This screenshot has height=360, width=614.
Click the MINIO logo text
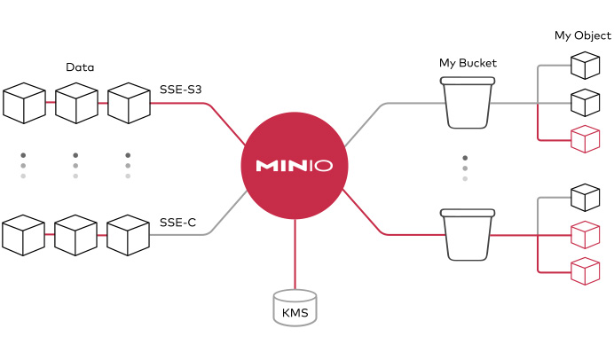coord(294,166)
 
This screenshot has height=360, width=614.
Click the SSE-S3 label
coord(182,90)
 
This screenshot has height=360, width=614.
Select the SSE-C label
coord(177,222)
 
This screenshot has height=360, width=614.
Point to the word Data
coord(80,67)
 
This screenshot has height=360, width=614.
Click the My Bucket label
coord(468,63)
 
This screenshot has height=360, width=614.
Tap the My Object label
coord(582,35)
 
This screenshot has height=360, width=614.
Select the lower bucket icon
coord(467,233)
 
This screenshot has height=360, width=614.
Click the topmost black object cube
coord(584,66)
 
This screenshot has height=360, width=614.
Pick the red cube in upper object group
coord(584,139)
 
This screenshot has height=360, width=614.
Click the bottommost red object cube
coord(584,270)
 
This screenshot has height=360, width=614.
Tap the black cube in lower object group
coord(584,197)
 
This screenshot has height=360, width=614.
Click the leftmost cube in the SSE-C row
coord(24,233)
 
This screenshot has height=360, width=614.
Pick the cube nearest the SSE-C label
coord(127,233)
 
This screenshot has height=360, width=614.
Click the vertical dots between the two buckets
coord(464,168)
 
